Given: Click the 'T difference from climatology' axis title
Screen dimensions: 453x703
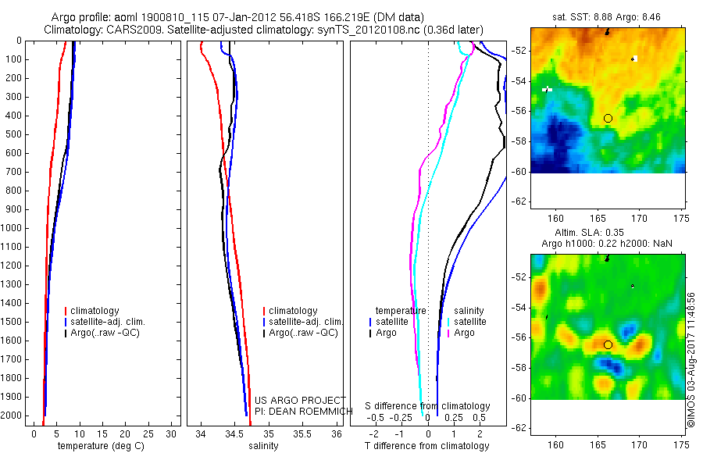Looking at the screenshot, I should pos(426,446).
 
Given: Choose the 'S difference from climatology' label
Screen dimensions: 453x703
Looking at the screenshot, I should pos(427,406).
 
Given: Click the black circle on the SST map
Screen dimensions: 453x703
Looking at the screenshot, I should pos(608,118).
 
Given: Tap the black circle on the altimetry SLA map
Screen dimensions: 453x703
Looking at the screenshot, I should pos(608,344).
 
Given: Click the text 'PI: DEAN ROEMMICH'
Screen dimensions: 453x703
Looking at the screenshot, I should pos(300,410).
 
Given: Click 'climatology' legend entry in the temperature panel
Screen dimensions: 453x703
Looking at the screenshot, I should pos(98,311).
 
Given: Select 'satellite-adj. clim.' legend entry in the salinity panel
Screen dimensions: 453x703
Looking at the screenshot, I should pos(306,322).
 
